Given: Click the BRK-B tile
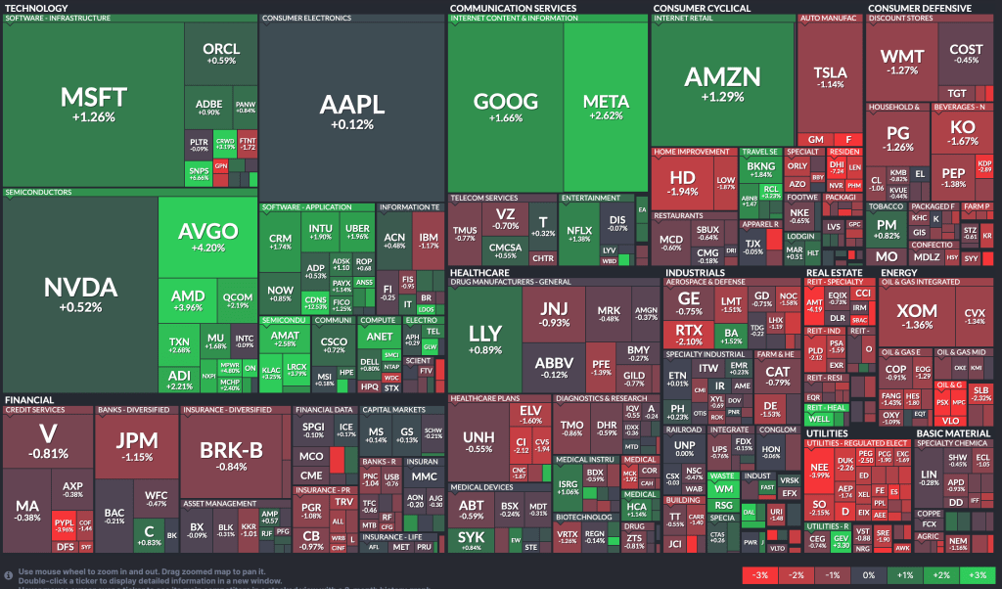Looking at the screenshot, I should pos(231,455).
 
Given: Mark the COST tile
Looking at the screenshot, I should pos(966,53).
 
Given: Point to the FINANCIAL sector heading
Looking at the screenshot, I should pos(29,400).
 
